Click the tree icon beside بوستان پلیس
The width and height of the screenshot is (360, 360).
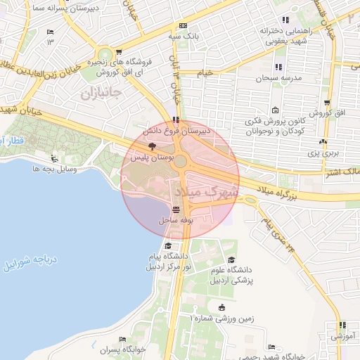pos(153,144)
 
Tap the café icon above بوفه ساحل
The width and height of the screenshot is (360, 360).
pos(175,209)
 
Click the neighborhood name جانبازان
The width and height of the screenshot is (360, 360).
pos(101,92)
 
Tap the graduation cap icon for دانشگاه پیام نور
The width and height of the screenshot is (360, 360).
pos(168,245)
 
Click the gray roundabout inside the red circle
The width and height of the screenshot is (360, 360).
pos(181,161)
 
